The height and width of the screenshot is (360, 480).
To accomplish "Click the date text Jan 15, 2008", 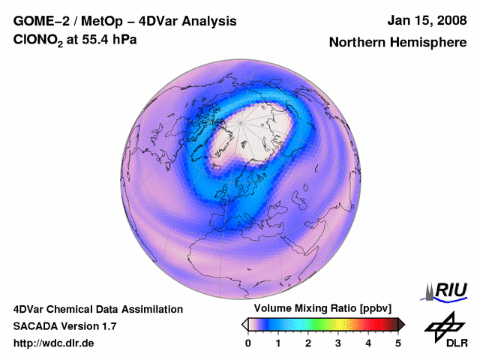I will click(x=424, y=20).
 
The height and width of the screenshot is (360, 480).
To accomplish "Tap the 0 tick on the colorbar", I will click(x=248, y=343).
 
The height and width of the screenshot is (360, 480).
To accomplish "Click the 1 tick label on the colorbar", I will click(x=278, y=343).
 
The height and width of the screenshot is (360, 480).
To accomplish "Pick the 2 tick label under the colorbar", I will click(x=308, y=343).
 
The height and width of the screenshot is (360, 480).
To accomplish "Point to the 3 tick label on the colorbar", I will click(x=338, y=343).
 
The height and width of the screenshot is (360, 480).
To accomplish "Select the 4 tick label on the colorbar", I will click(x=368, y=343).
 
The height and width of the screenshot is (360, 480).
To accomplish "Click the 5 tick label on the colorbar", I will click(x=398, y=343).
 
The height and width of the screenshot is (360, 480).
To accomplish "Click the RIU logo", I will click(x=448, y=290).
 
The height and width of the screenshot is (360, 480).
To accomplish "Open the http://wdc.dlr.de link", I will click(x=54, y=343).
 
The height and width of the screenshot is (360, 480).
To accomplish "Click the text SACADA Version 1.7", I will click(x=64, y=326).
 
